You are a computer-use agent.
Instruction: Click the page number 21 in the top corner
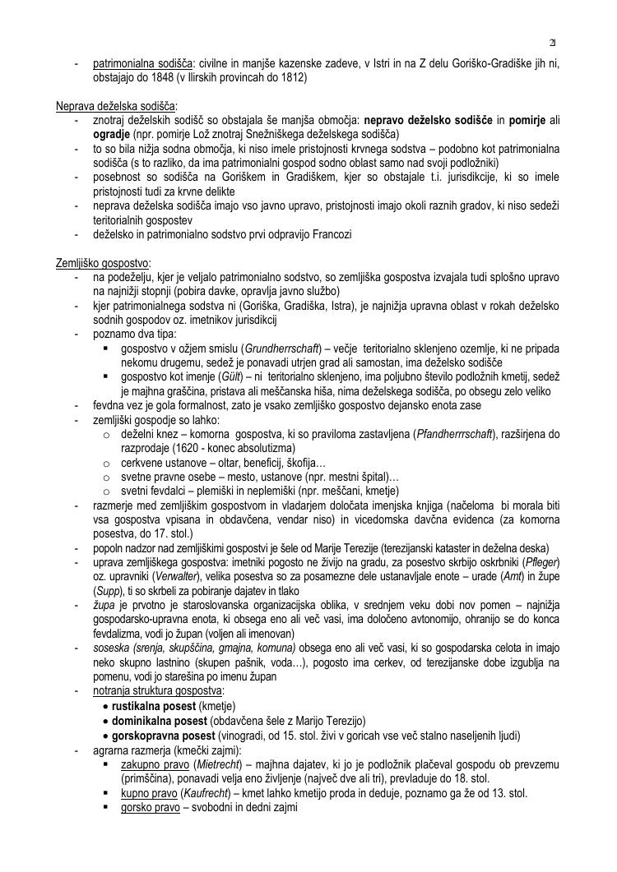(x=553, y=43)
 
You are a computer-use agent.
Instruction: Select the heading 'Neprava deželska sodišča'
(x=116, y=106)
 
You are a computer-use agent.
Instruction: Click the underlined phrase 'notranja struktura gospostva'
(x=158, y=691)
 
